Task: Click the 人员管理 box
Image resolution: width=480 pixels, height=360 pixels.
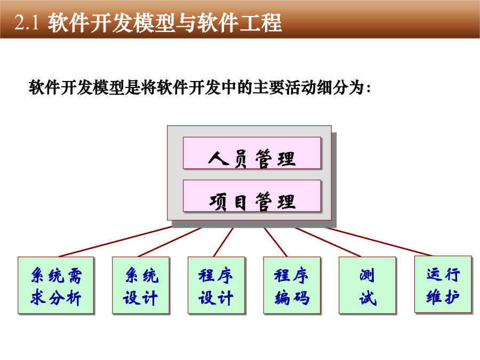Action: click(x=252, y=153)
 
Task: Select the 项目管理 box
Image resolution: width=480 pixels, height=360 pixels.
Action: click(x=252, y=196)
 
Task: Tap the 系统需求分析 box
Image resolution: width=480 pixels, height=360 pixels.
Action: click(x=55, y=285)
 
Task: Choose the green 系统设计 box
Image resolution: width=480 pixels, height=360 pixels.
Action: click(x=141, y=285)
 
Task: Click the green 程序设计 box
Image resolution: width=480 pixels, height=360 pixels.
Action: click(x=217, y=285)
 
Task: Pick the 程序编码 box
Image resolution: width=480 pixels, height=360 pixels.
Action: click(x=292, y=285)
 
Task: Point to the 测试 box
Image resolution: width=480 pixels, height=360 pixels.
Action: click(x=367, y=285)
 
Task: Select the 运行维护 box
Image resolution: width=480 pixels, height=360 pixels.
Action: click(x=443, y=284)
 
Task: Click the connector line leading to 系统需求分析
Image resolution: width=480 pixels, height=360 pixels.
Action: click(x=115, y=242)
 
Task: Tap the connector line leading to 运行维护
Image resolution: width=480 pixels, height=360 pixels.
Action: click(x=379, y=242)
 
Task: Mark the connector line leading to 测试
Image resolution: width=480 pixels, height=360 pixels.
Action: click(x=327, y=242)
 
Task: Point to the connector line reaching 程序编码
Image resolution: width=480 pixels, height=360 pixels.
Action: click(x=276, y=242)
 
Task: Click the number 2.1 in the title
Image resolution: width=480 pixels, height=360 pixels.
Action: click(x=27, y=22)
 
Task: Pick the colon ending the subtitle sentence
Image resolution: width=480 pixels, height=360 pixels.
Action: click(x=368, y=89)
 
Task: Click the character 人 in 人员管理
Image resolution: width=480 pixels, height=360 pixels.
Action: click(x=219, y=158)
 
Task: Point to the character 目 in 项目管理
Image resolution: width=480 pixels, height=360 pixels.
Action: click(x=241, y=203)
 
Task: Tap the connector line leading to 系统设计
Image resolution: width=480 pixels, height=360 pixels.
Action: click(x=170, y=242)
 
